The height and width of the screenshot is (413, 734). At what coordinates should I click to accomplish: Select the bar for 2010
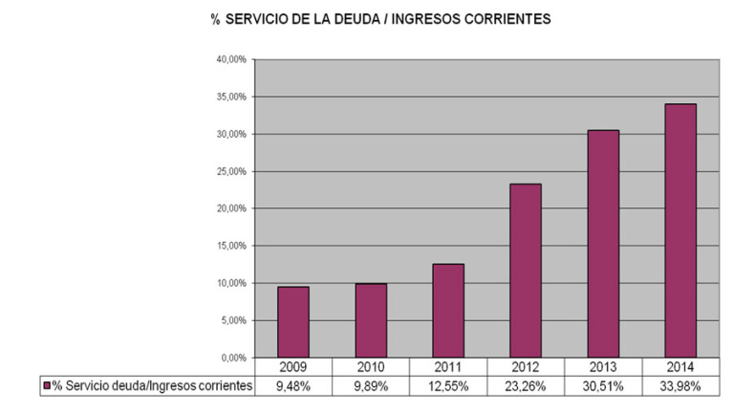[x=370, y=320]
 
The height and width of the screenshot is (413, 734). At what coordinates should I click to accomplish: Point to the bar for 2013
[x=602, y=244]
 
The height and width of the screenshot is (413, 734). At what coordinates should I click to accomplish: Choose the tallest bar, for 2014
[x=680, y=230]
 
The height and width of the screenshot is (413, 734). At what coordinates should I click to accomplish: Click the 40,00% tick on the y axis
[x=232, y=59]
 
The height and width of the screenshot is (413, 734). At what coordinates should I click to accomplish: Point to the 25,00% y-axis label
[x=232, y=171]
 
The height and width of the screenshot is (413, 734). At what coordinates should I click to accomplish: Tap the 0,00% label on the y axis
[x=234, y=358]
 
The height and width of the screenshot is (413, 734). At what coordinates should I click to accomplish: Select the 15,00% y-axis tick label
[x=232, y=246]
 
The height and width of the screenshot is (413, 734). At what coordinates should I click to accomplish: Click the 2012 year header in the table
[x=525, y=367]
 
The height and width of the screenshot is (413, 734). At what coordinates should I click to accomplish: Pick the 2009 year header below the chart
[x=293, y=367]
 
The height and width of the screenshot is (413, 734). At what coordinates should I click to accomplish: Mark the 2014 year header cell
[x=680, y=367]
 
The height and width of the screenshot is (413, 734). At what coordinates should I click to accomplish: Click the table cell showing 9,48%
[x=293, y=385]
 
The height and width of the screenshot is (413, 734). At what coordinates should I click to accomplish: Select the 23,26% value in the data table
[x=525, y=385]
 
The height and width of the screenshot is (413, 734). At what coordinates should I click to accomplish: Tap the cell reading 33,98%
[x=680, y=385]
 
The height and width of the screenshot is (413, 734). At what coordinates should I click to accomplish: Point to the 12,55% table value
[x=447, y=385]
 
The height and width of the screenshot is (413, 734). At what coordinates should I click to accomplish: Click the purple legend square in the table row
[x=47, y=385]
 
